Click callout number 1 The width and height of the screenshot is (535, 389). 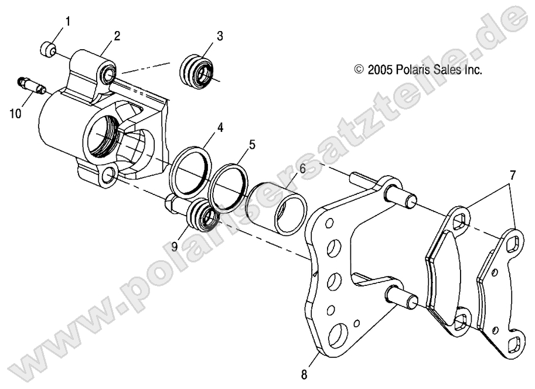(68, 22)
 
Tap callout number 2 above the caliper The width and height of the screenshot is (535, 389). (117, 36)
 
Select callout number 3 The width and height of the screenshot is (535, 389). (220, 36)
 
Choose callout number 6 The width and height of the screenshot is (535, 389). (302, 169)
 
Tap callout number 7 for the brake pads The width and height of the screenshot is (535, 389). (512, 174)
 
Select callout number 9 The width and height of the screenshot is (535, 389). (175, 230)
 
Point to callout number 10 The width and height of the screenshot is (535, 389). (15, 112)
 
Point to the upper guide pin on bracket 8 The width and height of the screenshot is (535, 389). (402, 197)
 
